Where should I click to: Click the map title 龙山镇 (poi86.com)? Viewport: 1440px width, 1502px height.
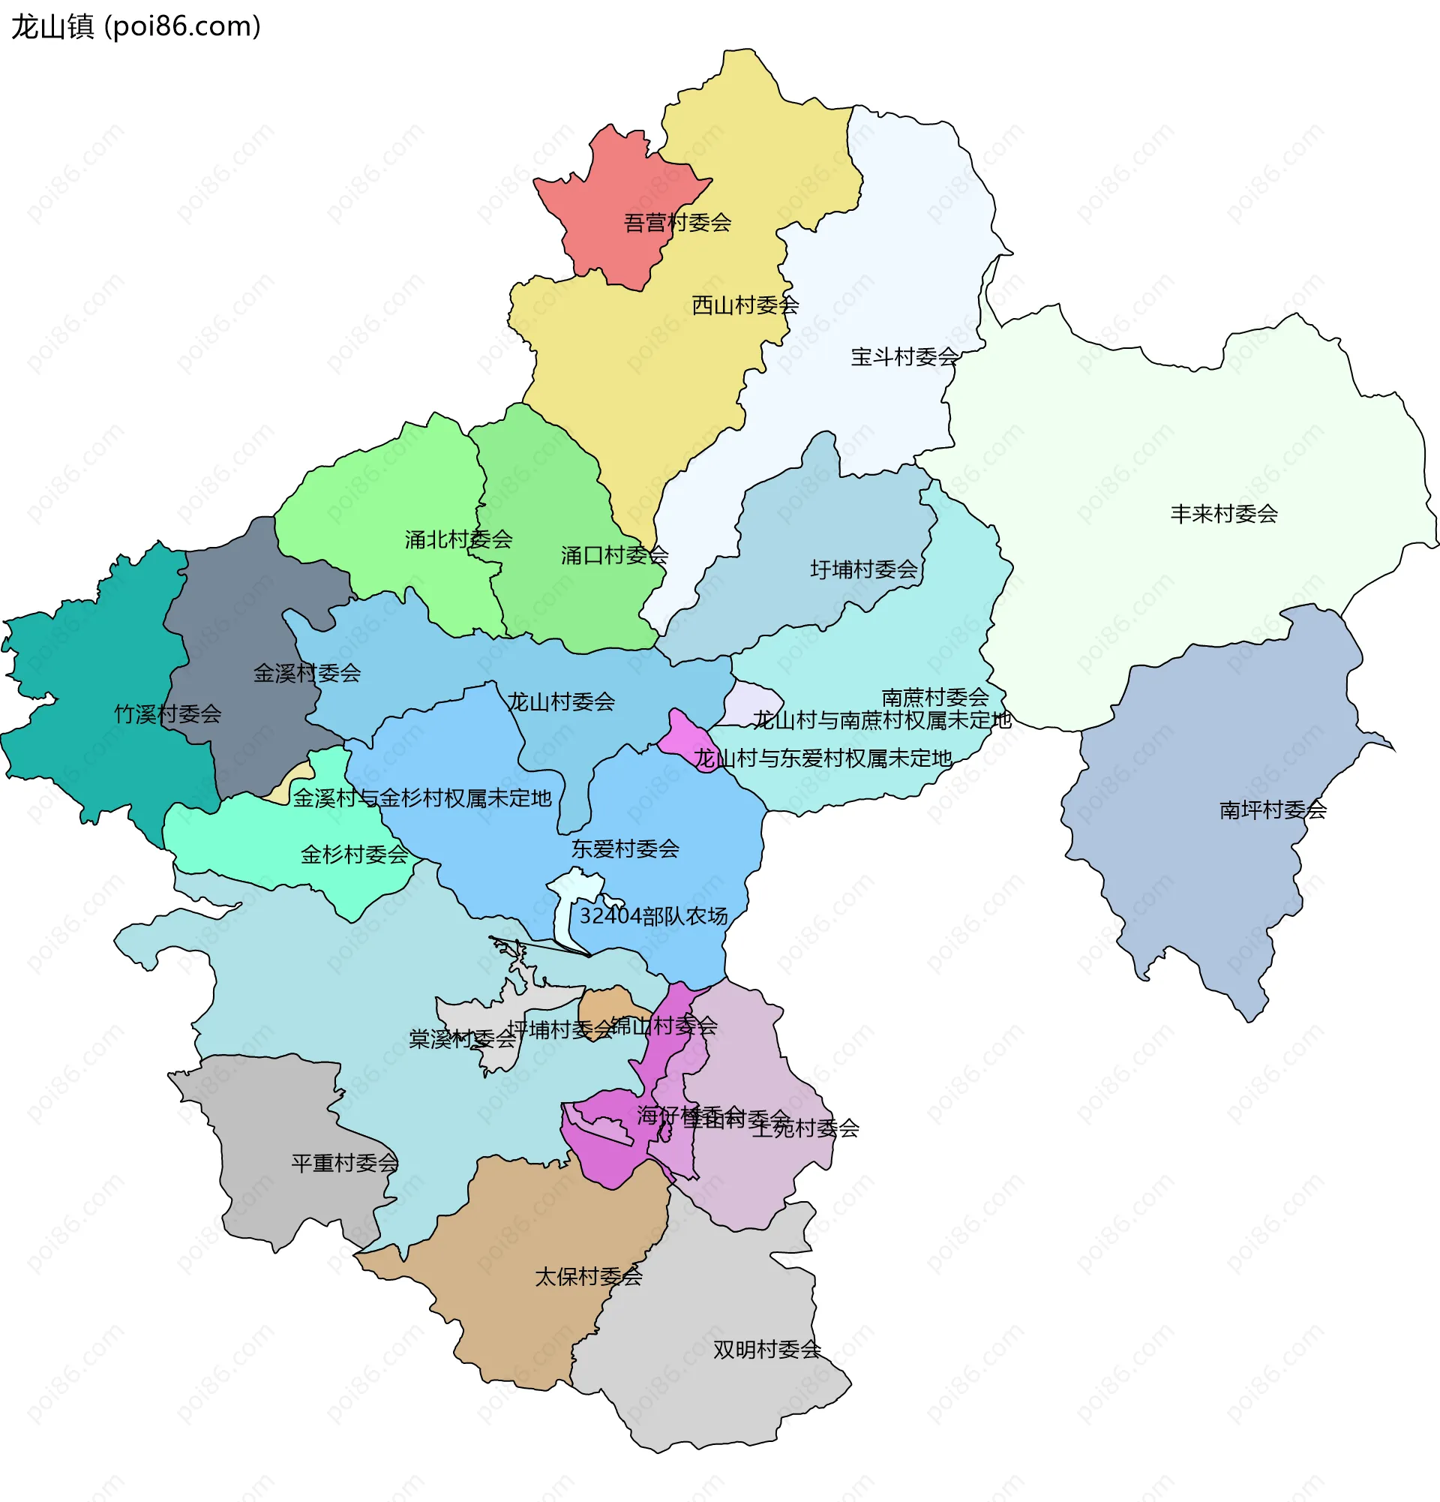click(136, 27)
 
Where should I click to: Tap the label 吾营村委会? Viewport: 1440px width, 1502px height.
click(677, 223)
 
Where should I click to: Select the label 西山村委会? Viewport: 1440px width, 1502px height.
click(745, 306)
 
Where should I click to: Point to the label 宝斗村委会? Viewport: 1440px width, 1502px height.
click(904, 357)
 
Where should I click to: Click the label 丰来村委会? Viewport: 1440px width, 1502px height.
click(1223, 514)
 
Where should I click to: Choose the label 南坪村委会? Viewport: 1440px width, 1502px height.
click(1272, 810)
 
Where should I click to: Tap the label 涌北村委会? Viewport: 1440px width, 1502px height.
click(458, 539)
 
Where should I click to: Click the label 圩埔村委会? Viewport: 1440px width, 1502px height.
click(863, 569)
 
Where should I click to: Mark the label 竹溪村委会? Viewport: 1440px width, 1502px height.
click(168, 714)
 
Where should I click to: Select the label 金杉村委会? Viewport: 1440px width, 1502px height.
click(354, 855)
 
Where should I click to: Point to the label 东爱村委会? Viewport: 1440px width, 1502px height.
click(625, 849)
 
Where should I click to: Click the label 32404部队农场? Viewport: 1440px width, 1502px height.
click(652, 916)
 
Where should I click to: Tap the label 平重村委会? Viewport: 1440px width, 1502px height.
click(345, 1164)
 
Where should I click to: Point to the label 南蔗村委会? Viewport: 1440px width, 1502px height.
click(934, 698)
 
